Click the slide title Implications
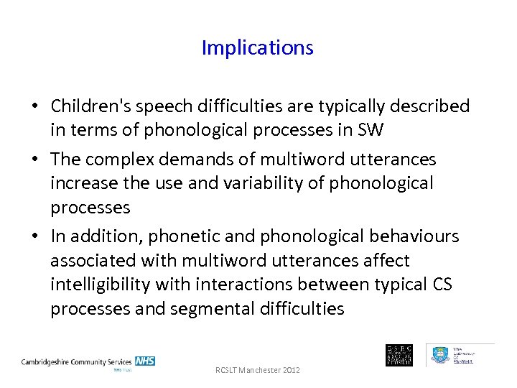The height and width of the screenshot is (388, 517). (257, 48)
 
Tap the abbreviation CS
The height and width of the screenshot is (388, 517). (442, 285)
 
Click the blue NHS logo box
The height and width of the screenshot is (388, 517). (144, 361)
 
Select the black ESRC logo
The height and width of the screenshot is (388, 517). (399, 355)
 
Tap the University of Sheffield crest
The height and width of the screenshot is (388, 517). (440, 355)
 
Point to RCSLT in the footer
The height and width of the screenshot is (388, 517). (228, 370)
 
